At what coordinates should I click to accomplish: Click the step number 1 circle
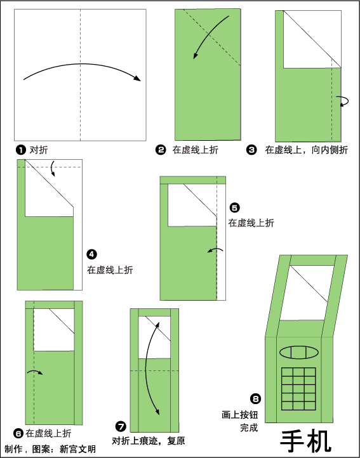coord(20,150)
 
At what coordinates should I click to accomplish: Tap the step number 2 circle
coord(161,150)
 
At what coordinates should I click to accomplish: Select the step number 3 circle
coord(251,150)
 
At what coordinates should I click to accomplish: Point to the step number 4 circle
coord(92,254)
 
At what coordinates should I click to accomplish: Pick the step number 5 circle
coord(234,207)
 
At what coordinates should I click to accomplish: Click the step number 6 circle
coord(18,433)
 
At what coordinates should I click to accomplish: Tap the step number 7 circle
coord(121,426)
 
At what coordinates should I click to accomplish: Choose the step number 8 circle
coord(256,398)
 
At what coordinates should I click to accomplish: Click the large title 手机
coord(306,441)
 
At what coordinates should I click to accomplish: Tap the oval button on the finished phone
coord(299,352)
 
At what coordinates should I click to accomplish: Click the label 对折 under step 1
coord(39,150)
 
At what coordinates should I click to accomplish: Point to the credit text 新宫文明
coord(78,449)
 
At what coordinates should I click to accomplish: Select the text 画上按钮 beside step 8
coord(240,415)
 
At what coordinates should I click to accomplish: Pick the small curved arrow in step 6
coord(35,372)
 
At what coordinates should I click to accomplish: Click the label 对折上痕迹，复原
coord(149,440)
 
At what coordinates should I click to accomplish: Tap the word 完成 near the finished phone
coord(249,428)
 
